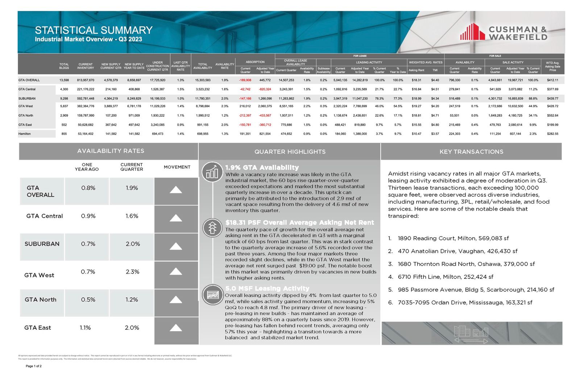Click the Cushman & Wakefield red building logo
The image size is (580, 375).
472,32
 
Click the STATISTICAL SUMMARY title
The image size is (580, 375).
94,30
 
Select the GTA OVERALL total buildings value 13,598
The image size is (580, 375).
64,80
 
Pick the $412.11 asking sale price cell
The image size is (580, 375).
552,80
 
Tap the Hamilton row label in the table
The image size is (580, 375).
25,134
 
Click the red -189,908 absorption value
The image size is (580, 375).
245,80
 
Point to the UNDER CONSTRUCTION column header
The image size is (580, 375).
157,66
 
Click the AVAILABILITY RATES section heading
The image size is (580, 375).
111,151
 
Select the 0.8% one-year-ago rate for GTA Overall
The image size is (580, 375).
88,188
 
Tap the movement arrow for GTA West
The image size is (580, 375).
176,271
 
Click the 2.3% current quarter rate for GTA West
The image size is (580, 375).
132,272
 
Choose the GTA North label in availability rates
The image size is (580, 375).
41,300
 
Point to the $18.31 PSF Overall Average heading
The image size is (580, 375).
299,222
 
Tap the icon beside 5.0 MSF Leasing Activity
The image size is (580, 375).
212,294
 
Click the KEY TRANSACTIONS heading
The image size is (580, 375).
471,152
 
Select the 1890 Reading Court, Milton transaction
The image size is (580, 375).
453,238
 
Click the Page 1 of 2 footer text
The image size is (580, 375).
34,366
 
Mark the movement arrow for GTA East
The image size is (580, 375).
176,328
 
